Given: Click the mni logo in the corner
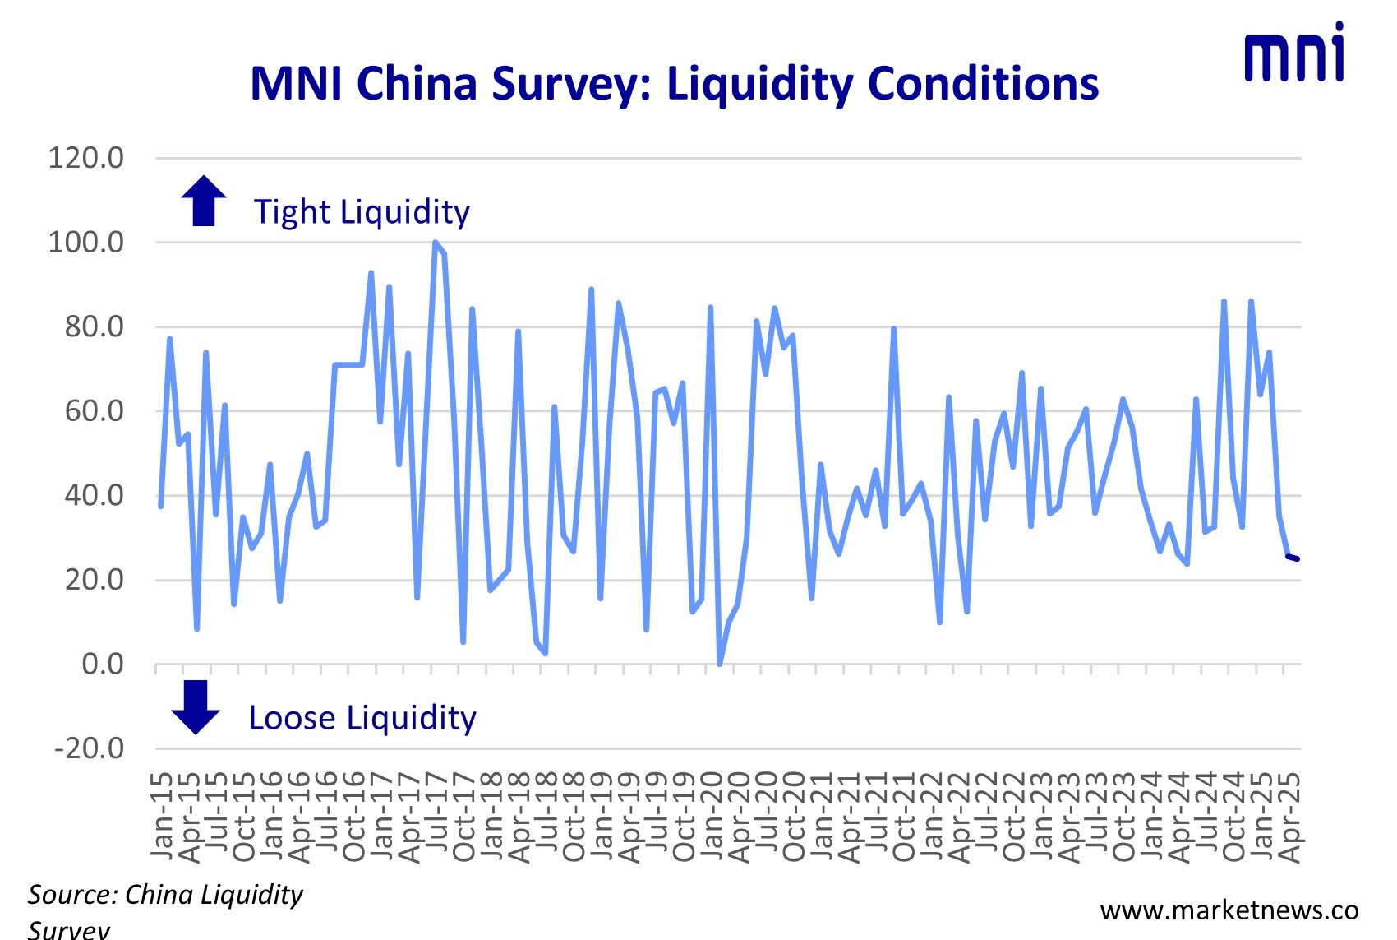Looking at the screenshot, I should pyautogui.click(x=1294, y=53).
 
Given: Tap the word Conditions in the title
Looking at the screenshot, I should pyautogui.click(x=983, y=84).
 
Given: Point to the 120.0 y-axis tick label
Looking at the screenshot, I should pyautogui.click(x=86, y=157).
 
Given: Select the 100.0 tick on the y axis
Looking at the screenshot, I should pyautogui.click(x=86, y=242).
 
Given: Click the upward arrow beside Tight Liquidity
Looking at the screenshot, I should pyautogui.click(x=204, y=201).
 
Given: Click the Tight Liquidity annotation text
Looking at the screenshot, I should pyautogui.click(x=362, y=212).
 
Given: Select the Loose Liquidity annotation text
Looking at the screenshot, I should pyautogui.click(x=362, y=718).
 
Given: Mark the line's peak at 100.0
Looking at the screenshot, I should pyautogui.click(x=435, y=243).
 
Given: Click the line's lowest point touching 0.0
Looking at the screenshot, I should pyautogui.click(x=720, y=663).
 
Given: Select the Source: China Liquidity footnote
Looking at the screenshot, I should pyautogui.click(x=165, y=895).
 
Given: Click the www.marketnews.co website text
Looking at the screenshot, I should pyautogui.click(x=1229, y=910).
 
